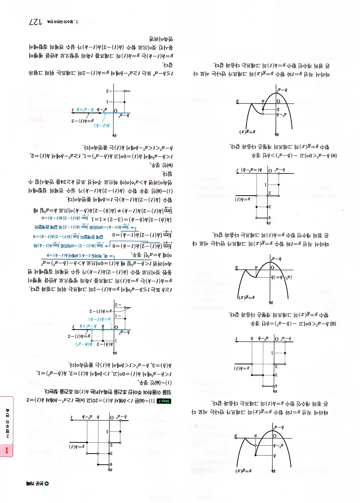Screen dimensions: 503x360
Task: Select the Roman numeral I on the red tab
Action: [x=6, y=450]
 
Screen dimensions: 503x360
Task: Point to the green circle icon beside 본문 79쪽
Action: [x=47, y=484]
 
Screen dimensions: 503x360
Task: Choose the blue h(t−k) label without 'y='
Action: [x=102, y=126]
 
